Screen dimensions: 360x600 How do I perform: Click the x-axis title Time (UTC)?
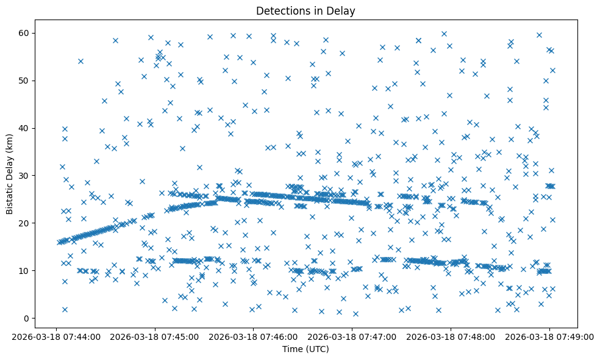click(305, 349)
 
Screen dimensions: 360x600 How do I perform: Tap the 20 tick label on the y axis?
click(25, 223)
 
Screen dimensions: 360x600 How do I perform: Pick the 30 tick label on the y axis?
click(25, 175)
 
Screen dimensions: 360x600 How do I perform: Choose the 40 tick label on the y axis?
click(25, 128)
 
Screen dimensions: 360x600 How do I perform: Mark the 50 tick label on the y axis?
click(25, 80)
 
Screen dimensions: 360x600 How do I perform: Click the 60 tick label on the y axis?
click(25, 32)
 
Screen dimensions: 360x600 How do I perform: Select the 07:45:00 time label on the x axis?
click(154, 336)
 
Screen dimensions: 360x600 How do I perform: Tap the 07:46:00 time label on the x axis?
click(253, 336)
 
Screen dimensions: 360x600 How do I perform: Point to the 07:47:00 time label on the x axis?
click(352, 336)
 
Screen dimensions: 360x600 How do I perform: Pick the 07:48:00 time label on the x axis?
click(451, 336)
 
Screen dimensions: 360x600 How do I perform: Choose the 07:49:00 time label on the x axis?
click(549, 336)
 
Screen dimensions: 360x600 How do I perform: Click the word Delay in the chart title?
click(343, 10)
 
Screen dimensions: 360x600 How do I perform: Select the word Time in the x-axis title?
click(291, 349)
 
